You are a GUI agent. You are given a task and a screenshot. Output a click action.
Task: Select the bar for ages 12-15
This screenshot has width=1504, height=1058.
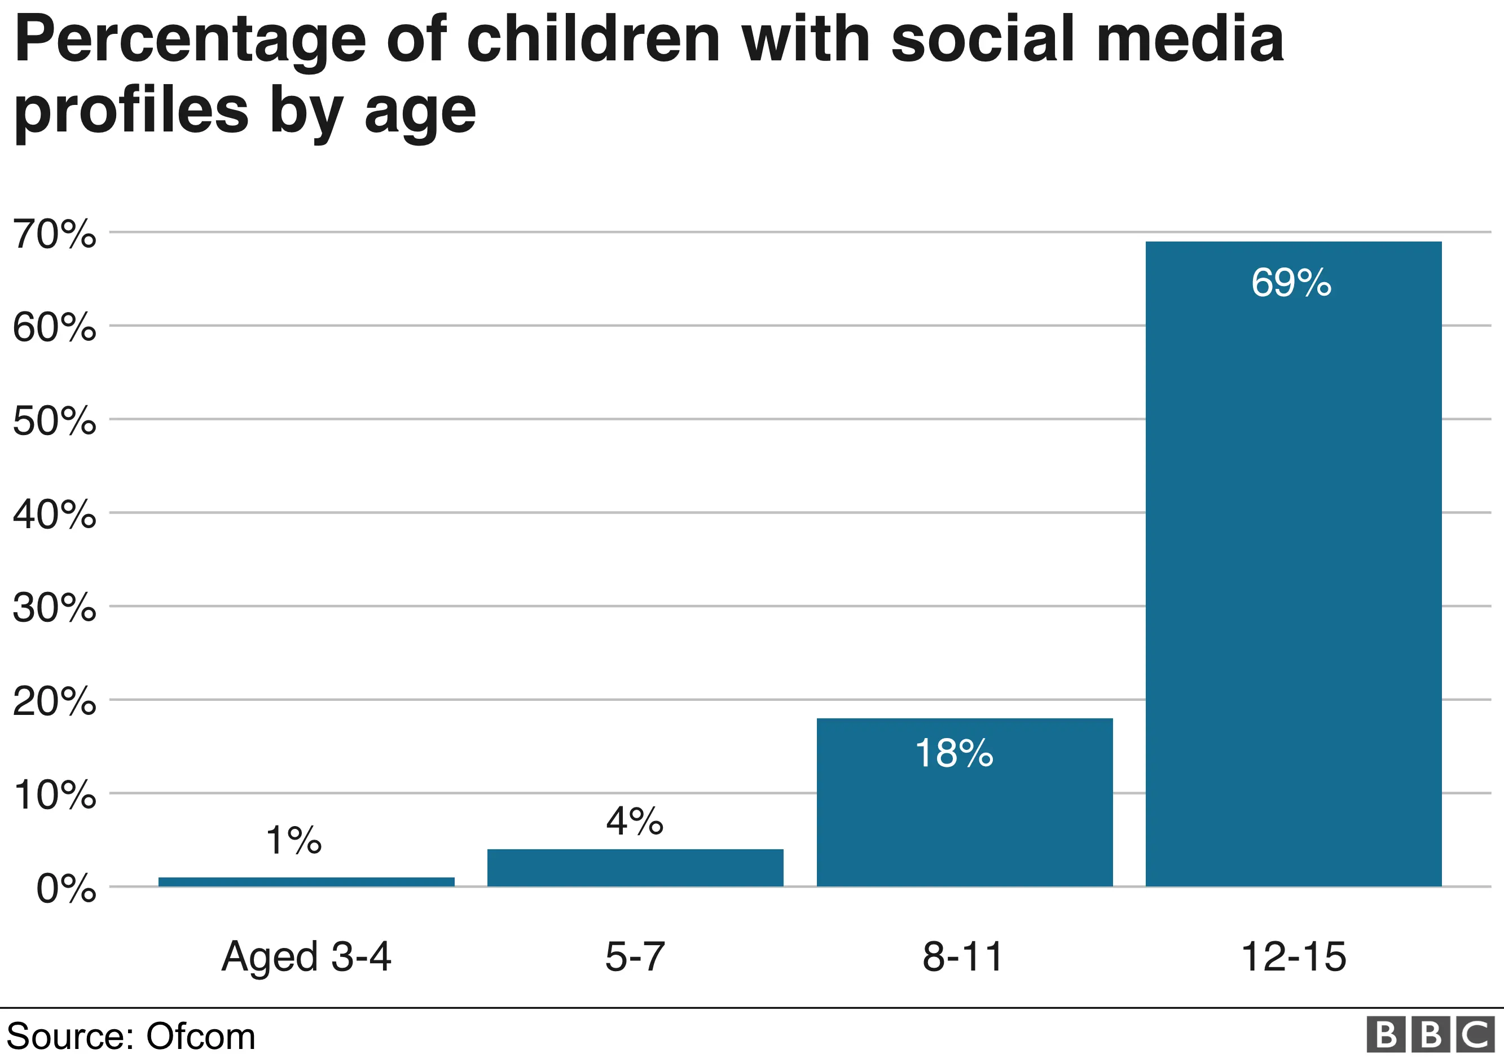(1293, 563)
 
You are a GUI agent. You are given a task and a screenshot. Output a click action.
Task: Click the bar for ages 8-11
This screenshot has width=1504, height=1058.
(964, 802)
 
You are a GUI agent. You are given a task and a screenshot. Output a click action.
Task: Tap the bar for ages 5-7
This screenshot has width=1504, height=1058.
(635, 867)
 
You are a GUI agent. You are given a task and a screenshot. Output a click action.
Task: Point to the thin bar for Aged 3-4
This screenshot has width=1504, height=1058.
(306, 882)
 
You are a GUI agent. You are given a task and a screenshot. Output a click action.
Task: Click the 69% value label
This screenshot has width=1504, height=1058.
(1291, 283)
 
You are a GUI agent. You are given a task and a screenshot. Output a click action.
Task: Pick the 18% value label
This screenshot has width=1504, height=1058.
(954, 753)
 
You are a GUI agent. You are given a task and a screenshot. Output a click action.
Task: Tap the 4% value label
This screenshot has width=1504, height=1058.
(634, 821)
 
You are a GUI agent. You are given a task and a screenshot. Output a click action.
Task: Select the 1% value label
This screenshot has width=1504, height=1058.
(293, 841)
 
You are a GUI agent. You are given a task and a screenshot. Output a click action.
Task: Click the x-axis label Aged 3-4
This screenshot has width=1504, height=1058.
(306, 957)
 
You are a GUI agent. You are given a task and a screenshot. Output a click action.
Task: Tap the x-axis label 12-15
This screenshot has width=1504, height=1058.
(1293, 957)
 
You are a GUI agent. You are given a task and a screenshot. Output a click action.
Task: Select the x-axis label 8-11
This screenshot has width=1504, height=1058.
(962, 957)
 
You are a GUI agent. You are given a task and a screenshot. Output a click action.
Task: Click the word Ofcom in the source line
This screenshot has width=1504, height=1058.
(200, 1037)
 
